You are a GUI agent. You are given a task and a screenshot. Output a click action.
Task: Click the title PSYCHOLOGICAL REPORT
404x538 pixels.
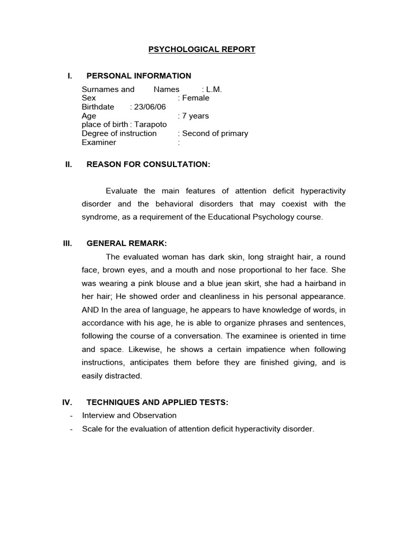click(201, 49)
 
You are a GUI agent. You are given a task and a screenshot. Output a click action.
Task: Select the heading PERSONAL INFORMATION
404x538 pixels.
click(139, 76)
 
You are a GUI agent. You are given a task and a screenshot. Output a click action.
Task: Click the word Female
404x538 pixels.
click(196, 98)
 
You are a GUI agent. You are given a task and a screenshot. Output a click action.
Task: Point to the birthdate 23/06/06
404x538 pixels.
click(150, 107)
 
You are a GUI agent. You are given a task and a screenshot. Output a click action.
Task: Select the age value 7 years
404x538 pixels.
click(196, 116)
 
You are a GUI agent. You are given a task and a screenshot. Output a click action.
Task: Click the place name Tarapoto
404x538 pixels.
click(150, 125)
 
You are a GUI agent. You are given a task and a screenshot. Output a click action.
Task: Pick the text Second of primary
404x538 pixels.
click(215, 133)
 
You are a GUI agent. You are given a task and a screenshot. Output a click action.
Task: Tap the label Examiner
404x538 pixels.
click(99, 142)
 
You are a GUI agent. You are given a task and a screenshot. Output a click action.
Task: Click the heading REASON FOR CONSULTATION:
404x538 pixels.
click(148, 164)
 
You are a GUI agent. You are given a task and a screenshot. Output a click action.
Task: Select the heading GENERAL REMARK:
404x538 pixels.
click(127, 243)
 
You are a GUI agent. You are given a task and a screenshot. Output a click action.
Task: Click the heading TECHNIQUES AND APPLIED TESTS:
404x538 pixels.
click(157, 402)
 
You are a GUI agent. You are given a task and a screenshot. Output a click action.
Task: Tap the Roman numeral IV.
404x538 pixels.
click(67, 402)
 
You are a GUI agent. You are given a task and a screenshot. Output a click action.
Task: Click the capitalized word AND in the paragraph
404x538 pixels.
click(91, 309)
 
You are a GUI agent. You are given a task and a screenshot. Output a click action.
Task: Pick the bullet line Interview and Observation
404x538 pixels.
click(129, 416)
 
